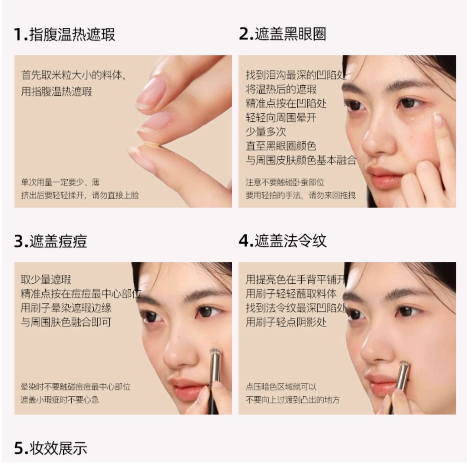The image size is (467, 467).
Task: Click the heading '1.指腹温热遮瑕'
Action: [64, 34]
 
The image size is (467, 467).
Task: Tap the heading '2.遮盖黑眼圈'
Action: [282, 34]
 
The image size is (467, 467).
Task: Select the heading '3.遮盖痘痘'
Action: [50, 241]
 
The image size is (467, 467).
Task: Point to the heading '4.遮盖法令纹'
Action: [283, 241]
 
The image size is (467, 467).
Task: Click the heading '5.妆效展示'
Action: [50, 448]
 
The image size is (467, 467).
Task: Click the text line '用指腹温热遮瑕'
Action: [56, 92]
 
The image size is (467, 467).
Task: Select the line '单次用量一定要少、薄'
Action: [60, 182]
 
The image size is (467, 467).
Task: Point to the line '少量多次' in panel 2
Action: [266, 132]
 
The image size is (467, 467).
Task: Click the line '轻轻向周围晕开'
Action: [281, 118]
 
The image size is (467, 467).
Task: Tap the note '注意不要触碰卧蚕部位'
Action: [285, 182]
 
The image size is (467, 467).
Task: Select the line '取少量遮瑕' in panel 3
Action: [46, 280]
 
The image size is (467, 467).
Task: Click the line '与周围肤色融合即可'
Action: [66, 322]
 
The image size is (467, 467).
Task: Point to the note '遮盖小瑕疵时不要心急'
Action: [59, 400]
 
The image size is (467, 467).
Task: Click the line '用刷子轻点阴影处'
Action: [286, 322]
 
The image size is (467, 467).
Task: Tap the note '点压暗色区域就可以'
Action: [281, 387]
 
